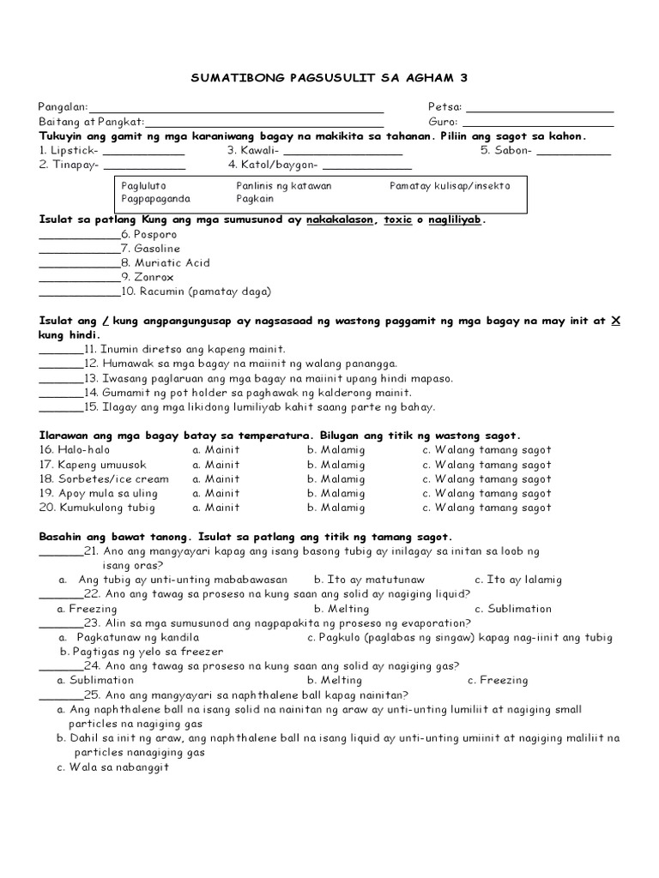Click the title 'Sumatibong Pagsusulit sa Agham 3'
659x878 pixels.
pyautogui.click(x=329, y=78)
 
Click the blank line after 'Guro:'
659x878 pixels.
pyautogui.click(x=537, y=125)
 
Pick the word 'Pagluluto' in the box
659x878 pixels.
pyautogui.click(x=143, y=185)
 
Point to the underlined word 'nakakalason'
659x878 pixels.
pyautogui.click(x=340, y=220)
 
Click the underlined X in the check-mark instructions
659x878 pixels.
pyautogui.click(x=615, y=322)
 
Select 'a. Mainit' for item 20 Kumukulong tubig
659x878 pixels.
pyautogui.click(x=216, y=508)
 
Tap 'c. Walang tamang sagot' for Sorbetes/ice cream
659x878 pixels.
pyautogui.click(x=487, y=478)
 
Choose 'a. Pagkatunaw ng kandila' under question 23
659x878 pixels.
pyautogui.click(x=129, y=638)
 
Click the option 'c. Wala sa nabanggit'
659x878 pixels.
pyautogui.click(x=113, y=767)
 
